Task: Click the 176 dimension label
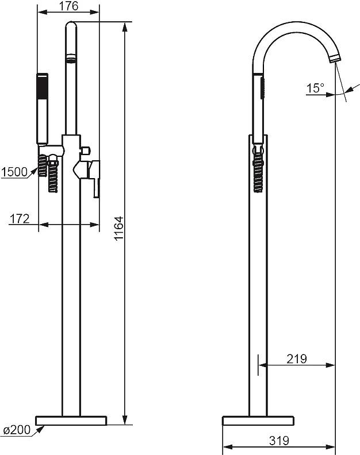[69, 6]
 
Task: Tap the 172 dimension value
[20, 219]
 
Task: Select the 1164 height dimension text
[118, 229]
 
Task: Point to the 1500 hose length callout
[14, 172]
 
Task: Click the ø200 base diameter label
[17, 430]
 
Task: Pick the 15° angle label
[315, 88]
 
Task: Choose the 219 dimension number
[296, 359]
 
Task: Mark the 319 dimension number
[279, 441]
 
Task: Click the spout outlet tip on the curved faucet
[336, 59]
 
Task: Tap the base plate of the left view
[71, 421]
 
